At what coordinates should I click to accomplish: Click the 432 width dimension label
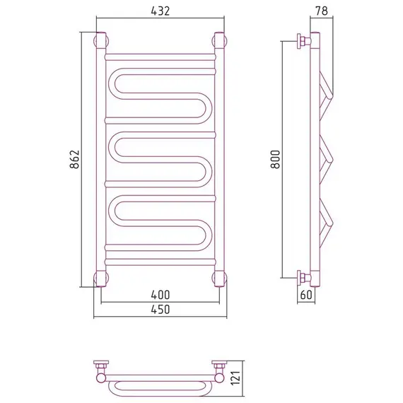pos(160,11)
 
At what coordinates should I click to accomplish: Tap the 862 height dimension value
pos(74,159)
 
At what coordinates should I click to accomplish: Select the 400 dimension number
pos(160,295)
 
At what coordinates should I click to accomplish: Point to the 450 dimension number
pos(160,310)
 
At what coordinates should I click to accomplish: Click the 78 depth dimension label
pos(322,11)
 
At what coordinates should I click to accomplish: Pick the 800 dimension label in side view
pos(275,159)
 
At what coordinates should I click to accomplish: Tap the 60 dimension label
pos(306,295)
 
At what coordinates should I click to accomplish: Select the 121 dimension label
pos(235,378)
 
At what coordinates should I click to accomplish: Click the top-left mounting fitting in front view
pos(101,40)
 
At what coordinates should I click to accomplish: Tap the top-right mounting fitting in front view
pos(219,40)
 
